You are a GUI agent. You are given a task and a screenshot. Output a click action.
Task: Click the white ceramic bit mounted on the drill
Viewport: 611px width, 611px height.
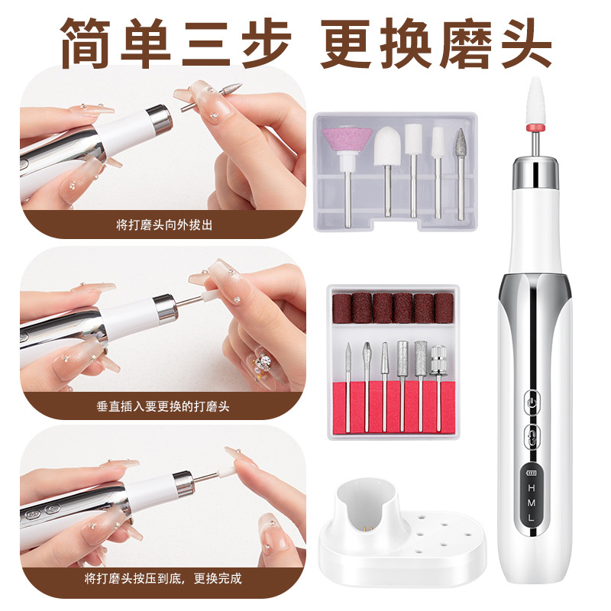[537, 102]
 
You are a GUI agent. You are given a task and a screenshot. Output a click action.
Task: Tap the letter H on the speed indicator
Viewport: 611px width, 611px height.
[532, 488]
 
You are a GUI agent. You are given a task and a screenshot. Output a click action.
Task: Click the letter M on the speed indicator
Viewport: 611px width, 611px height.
[532, 503]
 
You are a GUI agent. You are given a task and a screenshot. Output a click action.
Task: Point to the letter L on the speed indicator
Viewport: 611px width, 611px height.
[531, 518]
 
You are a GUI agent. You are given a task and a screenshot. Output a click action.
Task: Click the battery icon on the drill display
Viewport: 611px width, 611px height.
[532, 473]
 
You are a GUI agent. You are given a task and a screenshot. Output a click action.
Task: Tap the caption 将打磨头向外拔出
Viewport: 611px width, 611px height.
[164, 225]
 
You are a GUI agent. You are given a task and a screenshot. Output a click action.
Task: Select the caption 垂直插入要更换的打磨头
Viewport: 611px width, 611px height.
[163, 406]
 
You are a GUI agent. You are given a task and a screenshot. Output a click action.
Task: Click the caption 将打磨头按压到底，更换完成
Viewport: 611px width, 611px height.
[163, 578]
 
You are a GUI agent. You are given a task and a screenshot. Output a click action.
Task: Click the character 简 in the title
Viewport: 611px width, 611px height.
[86, 43]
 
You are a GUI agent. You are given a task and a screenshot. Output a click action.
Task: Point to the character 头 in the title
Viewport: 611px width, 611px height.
[526, 43]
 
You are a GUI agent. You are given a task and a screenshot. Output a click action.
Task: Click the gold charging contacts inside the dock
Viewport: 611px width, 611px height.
[367, 528]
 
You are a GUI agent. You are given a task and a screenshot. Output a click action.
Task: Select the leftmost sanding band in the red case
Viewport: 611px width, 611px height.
[342, 309]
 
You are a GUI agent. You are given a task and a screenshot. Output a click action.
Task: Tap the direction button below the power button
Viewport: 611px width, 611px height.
[532, 433]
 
